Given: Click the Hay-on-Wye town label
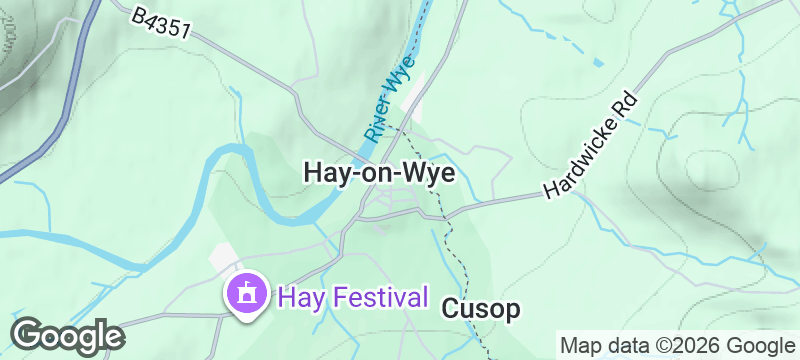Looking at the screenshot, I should point(378,173).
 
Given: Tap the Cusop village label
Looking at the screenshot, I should point(480,310).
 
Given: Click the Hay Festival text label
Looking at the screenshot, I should point(353,297).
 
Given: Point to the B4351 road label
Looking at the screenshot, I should point(160,24).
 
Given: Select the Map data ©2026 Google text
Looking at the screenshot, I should point(675,346).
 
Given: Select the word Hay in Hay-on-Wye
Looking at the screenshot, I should point(323,173).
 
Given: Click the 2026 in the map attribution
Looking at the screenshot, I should point(696,346).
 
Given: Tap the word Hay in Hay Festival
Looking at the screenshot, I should point(300,297).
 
